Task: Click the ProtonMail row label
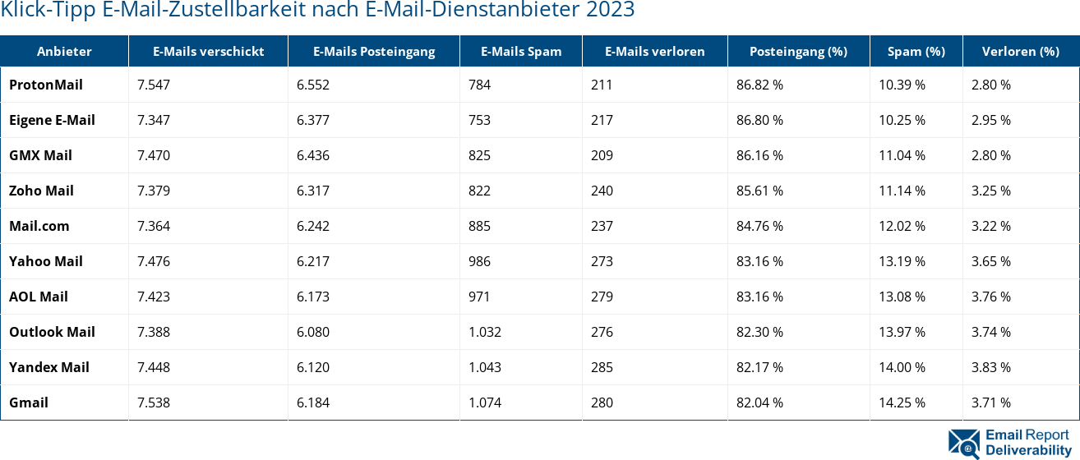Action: [x=46, y=85]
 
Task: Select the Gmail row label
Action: [x=29, y=402]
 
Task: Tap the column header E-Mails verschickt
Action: [x=208, y=51]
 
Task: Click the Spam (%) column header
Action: [x=916, y=51]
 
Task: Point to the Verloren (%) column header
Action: [x=1020, y=51]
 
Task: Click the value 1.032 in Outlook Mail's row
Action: [x=485, y=332]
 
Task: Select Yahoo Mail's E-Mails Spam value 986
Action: [x=479, y=261]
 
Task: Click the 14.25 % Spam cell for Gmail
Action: [x=902, y=402]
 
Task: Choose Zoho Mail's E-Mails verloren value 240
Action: [x=602, y=191]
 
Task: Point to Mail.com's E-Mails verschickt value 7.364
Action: [x=154, y=226]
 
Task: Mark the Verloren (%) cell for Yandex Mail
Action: [x=990, y=367]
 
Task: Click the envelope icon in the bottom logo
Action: [x=964, y=442]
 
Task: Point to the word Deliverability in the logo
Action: [x=1027, y=451]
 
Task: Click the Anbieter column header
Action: [x=64, y=51]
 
